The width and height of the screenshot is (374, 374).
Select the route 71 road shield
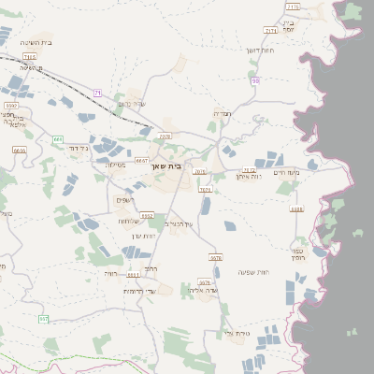(97, 92)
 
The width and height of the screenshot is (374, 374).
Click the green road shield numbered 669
(58, 139)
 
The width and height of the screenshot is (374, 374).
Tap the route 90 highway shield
(255, 81)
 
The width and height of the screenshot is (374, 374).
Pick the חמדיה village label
(222, 113)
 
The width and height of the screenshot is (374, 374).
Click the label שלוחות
(128, 221)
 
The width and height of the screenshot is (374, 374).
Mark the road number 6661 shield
(133, 275)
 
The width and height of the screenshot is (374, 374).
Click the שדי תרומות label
(137, 291)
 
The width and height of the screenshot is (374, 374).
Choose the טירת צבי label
(237, 333)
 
